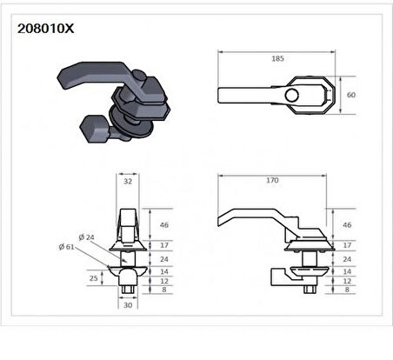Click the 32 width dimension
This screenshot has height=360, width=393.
[x=127, y=182]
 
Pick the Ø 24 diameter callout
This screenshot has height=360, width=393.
[x=85, y=237]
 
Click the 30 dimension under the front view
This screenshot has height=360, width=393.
[x=127, y=306]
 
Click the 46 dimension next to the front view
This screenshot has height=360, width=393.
[x=165, y=224]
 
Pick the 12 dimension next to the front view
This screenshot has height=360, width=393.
[x=165, y=282]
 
